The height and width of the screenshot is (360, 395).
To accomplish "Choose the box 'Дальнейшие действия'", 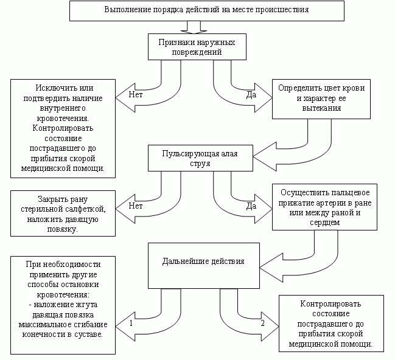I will (x=203, y=261).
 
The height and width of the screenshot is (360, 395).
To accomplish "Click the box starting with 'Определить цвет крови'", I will (x=321, y=98).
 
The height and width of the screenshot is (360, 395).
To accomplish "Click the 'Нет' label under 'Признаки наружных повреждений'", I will (x=137, y=95).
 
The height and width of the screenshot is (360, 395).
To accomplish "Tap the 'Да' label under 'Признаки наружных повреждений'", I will (x=250, y=95).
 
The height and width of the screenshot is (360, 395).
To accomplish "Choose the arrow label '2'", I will (x=262, y=322).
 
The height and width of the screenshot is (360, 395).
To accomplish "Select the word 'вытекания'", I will (x=321, y=108).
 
